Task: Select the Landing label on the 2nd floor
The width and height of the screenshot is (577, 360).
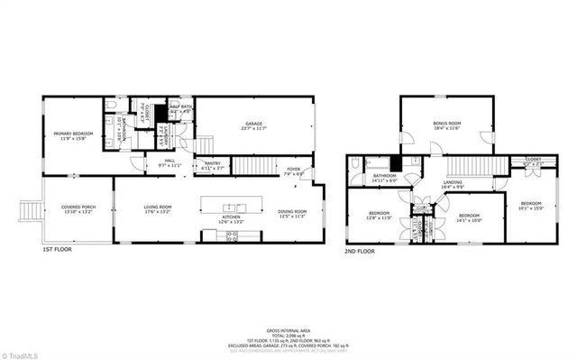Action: (x=453, y=185)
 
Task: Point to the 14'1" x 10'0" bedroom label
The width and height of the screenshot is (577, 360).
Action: (x=470, y=217)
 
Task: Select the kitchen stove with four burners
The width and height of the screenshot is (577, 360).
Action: (x=230, y=235)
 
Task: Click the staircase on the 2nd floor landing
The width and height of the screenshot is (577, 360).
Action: (x=470, y=168)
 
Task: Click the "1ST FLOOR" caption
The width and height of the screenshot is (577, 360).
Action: (x=57, y=250)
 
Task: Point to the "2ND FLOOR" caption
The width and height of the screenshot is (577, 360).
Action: (x=360, y=252)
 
